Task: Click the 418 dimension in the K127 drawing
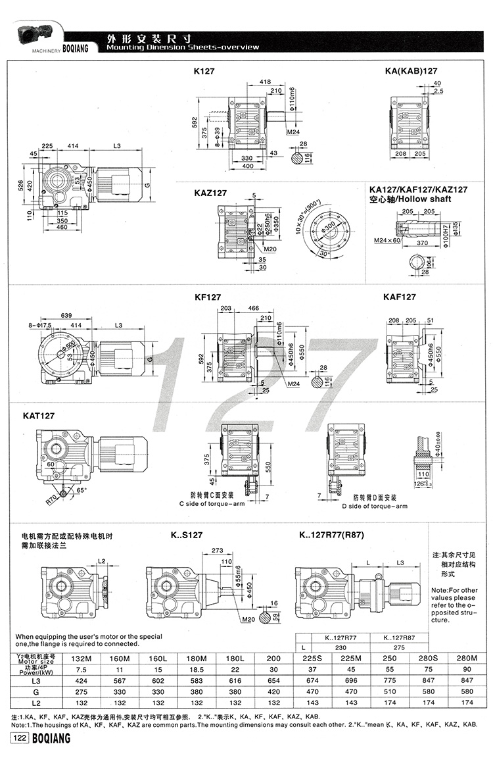(265, 82)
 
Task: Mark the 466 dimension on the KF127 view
(252, 307)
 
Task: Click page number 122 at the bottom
(19, 739)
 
